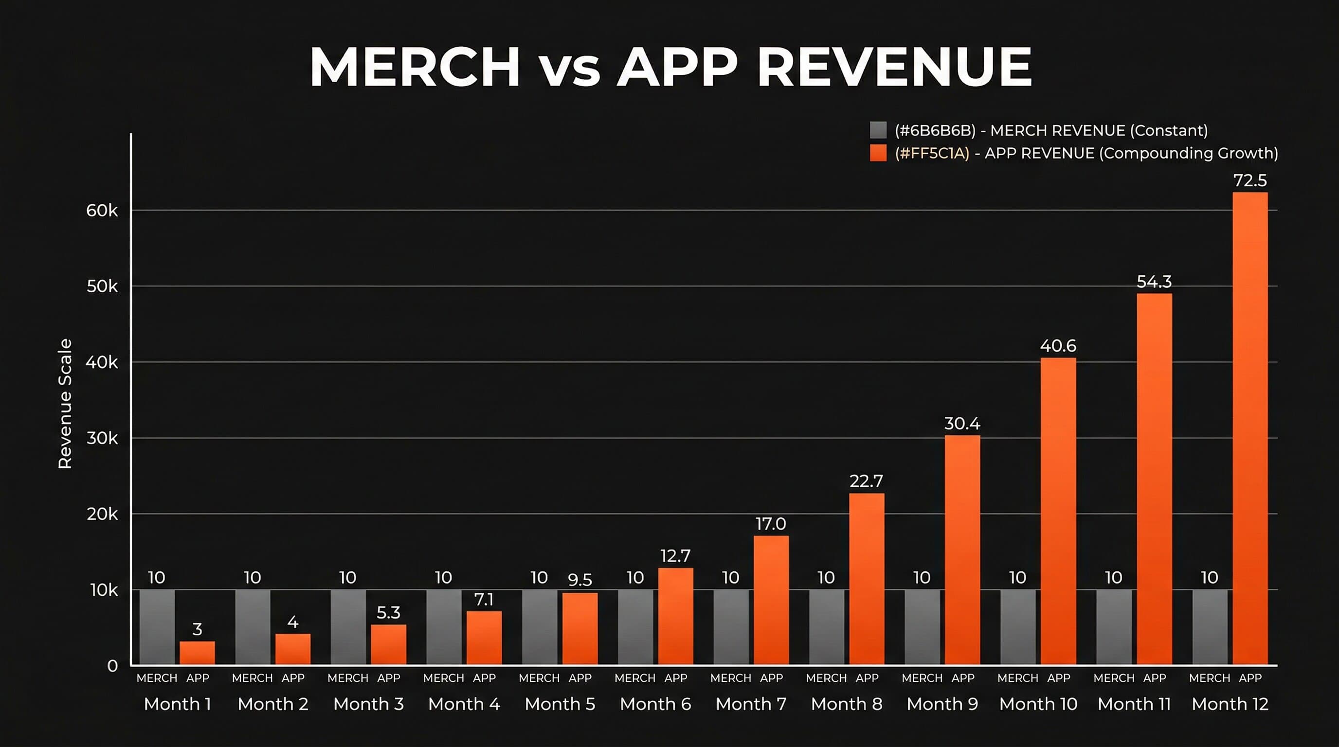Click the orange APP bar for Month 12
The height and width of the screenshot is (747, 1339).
coord(1249,428)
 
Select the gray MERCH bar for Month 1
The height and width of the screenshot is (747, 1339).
coord(157,627)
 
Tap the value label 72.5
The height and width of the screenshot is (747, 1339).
coord(1249,181)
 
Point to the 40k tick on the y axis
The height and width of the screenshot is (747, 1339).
coord(102,363)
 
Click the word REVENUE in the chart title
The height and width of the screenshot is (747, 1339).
coord(894,67)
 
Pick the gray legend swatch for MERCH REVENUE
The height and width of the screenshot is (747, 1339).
coord(878,130)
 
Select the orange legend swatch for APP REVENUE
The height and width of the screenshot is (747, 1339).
coord(878,153)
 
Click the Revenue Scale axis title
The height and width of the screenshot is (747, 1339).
coord(65,404)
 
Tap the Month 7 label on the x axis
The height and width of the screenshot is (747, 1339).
coord(751,704)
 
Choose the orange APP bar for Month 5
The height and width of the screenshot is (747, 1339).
coord(579,628)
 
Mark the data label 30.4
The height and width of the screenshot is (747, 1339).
coord(962,424)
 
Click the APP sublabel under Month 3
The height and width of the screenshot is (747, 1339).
coord(388,678)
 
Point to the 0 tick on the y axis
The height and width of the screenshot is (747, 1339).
coord(112,666)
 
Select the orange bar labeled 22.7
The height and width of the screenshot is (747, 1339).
coord(867,579)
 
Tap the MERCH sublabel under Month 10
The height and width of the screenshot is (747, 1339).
coord(1017,678)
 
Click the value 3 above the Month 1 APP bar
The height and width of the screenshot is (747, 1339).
coord(197,630)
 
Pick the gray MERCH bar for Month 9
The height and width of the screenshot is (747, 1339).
coord(922,627)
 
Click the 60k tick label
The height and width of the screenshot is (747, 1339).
coord(102,211)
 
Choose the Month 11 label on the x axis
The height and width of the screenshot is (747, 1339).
coord(1134,704)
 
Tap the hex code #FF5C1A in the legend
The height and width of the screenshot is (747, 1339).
coord(932,153)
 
